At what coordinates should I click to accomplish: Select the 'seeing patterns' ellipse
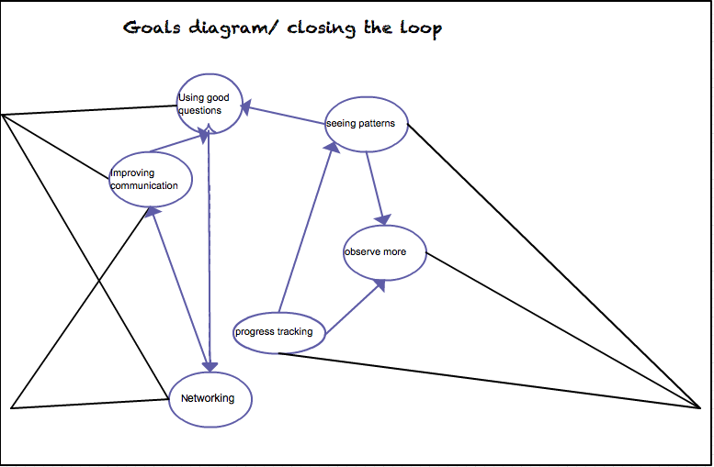pos(367,124)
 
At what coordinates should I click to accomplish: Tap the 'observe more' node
pos(385,252)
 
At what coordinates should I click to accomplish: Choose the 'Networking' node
pos(210,398)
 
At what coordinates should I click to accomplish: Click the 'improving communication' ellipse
pos(150,179)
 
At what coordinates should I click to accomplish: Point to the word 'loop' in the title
pos(419,28)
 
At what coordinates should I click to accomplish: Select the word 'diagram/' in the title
pos(233,28)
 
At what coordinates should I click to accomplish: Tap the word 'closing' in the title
pos(321,28)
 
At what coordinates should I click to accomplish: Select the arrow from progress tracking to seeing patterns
pos(305,229)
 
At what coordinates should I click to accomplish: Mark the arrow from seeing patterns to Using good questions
pos(285,117)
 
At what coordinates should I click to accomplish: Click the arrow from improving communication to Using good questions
pos(176,144)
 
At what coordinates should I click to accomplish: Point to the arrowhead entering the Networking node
pos(211,363)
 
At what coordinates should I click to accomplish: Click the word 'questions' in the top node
pos(199,110)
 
